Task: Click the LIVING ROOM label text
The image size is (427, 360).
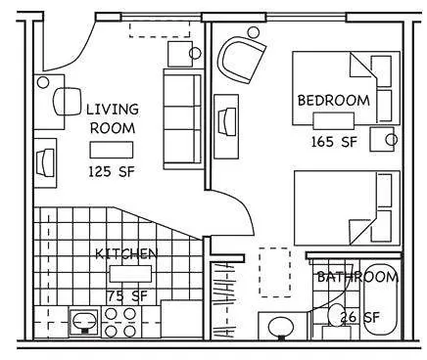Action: click(x=113, y=117)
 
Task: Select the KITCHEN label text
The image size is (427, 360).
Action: click(x=126, y=253)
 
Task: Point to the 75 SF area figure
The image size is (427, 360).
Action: click(x=126, y=293)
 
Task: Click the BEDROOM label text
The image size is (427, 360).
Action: click(x=334, y=100)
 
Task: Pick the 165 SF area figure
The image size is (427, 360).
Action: click(x=334, y=142)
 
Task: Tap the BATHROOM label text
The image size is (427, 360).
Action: click(x=356, y=278)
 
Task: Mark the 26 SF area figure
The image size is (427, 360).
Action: click(x=360, y=317)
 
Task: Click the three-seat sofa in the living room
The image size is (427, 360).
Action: click(x=182, y=117)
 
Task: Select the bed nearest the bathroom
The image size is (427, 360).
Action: click(x=347, y=210)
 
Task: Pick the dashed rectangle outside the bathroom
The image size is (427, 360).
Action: click(x=274, y=271)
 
